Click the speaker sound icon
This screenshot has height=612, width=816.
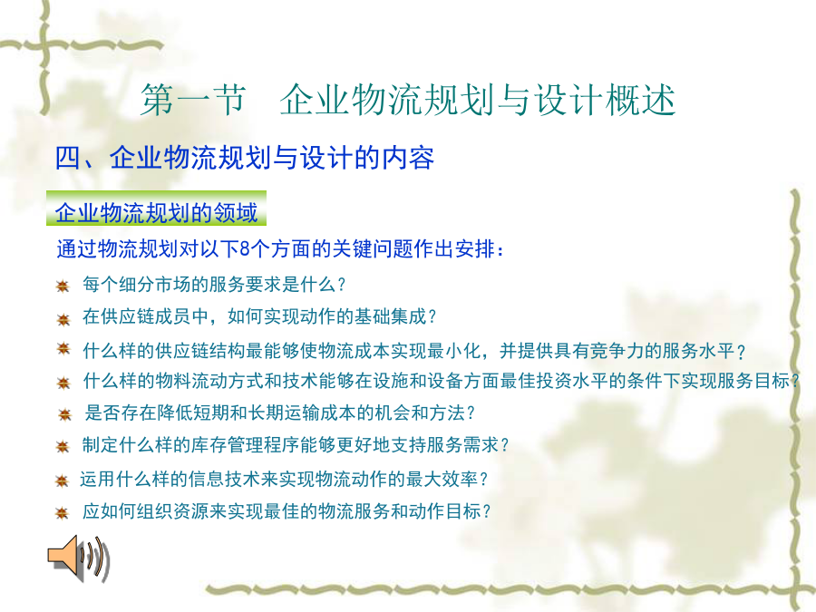click(79, 559)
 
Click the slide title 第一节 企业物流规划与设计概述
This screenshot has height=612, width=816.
click(408, 100)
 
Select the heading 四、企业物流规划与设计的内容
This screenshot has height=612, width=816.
click(245, 158)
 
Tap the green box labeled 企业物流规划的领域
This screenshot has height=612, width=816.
click(156, 209)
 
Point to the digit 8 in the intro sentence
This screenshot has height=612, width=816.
click(245, 249)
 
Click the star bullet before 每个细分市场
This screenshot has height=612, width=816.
click(63, 286)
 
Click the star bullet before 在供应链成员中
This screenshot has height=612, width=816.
click(63, 319)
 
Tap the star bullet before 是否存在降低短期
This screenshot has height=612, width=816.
click(64, 414)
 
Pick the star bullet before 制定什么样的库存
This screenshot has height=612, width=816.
click(63, 446)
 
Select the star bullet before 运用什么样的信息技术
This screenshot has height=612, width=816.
click(62, 481)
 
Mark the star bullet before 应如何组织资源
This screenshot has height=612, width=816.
click(62, 512)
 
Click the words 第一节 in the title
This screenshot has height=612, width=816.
click(193, 100)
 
